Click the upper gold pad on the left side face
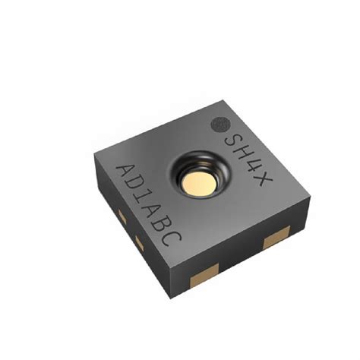tap(122, 218)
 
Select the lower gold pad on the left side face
tap(139, 241)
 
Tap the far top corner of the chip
tap(219, 97)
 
